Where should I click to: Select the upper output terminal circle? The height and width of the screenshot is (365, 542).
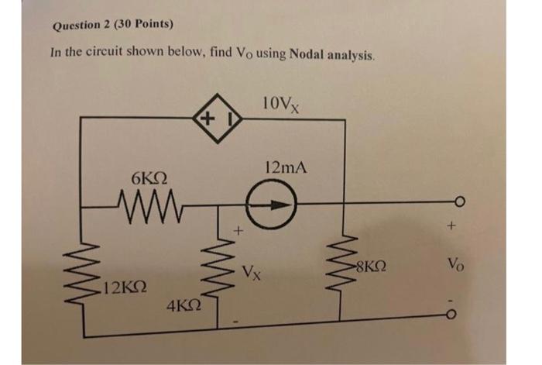point(458,206)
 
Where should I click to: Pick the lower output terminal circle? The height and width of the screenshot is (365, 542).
point(458,312)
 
